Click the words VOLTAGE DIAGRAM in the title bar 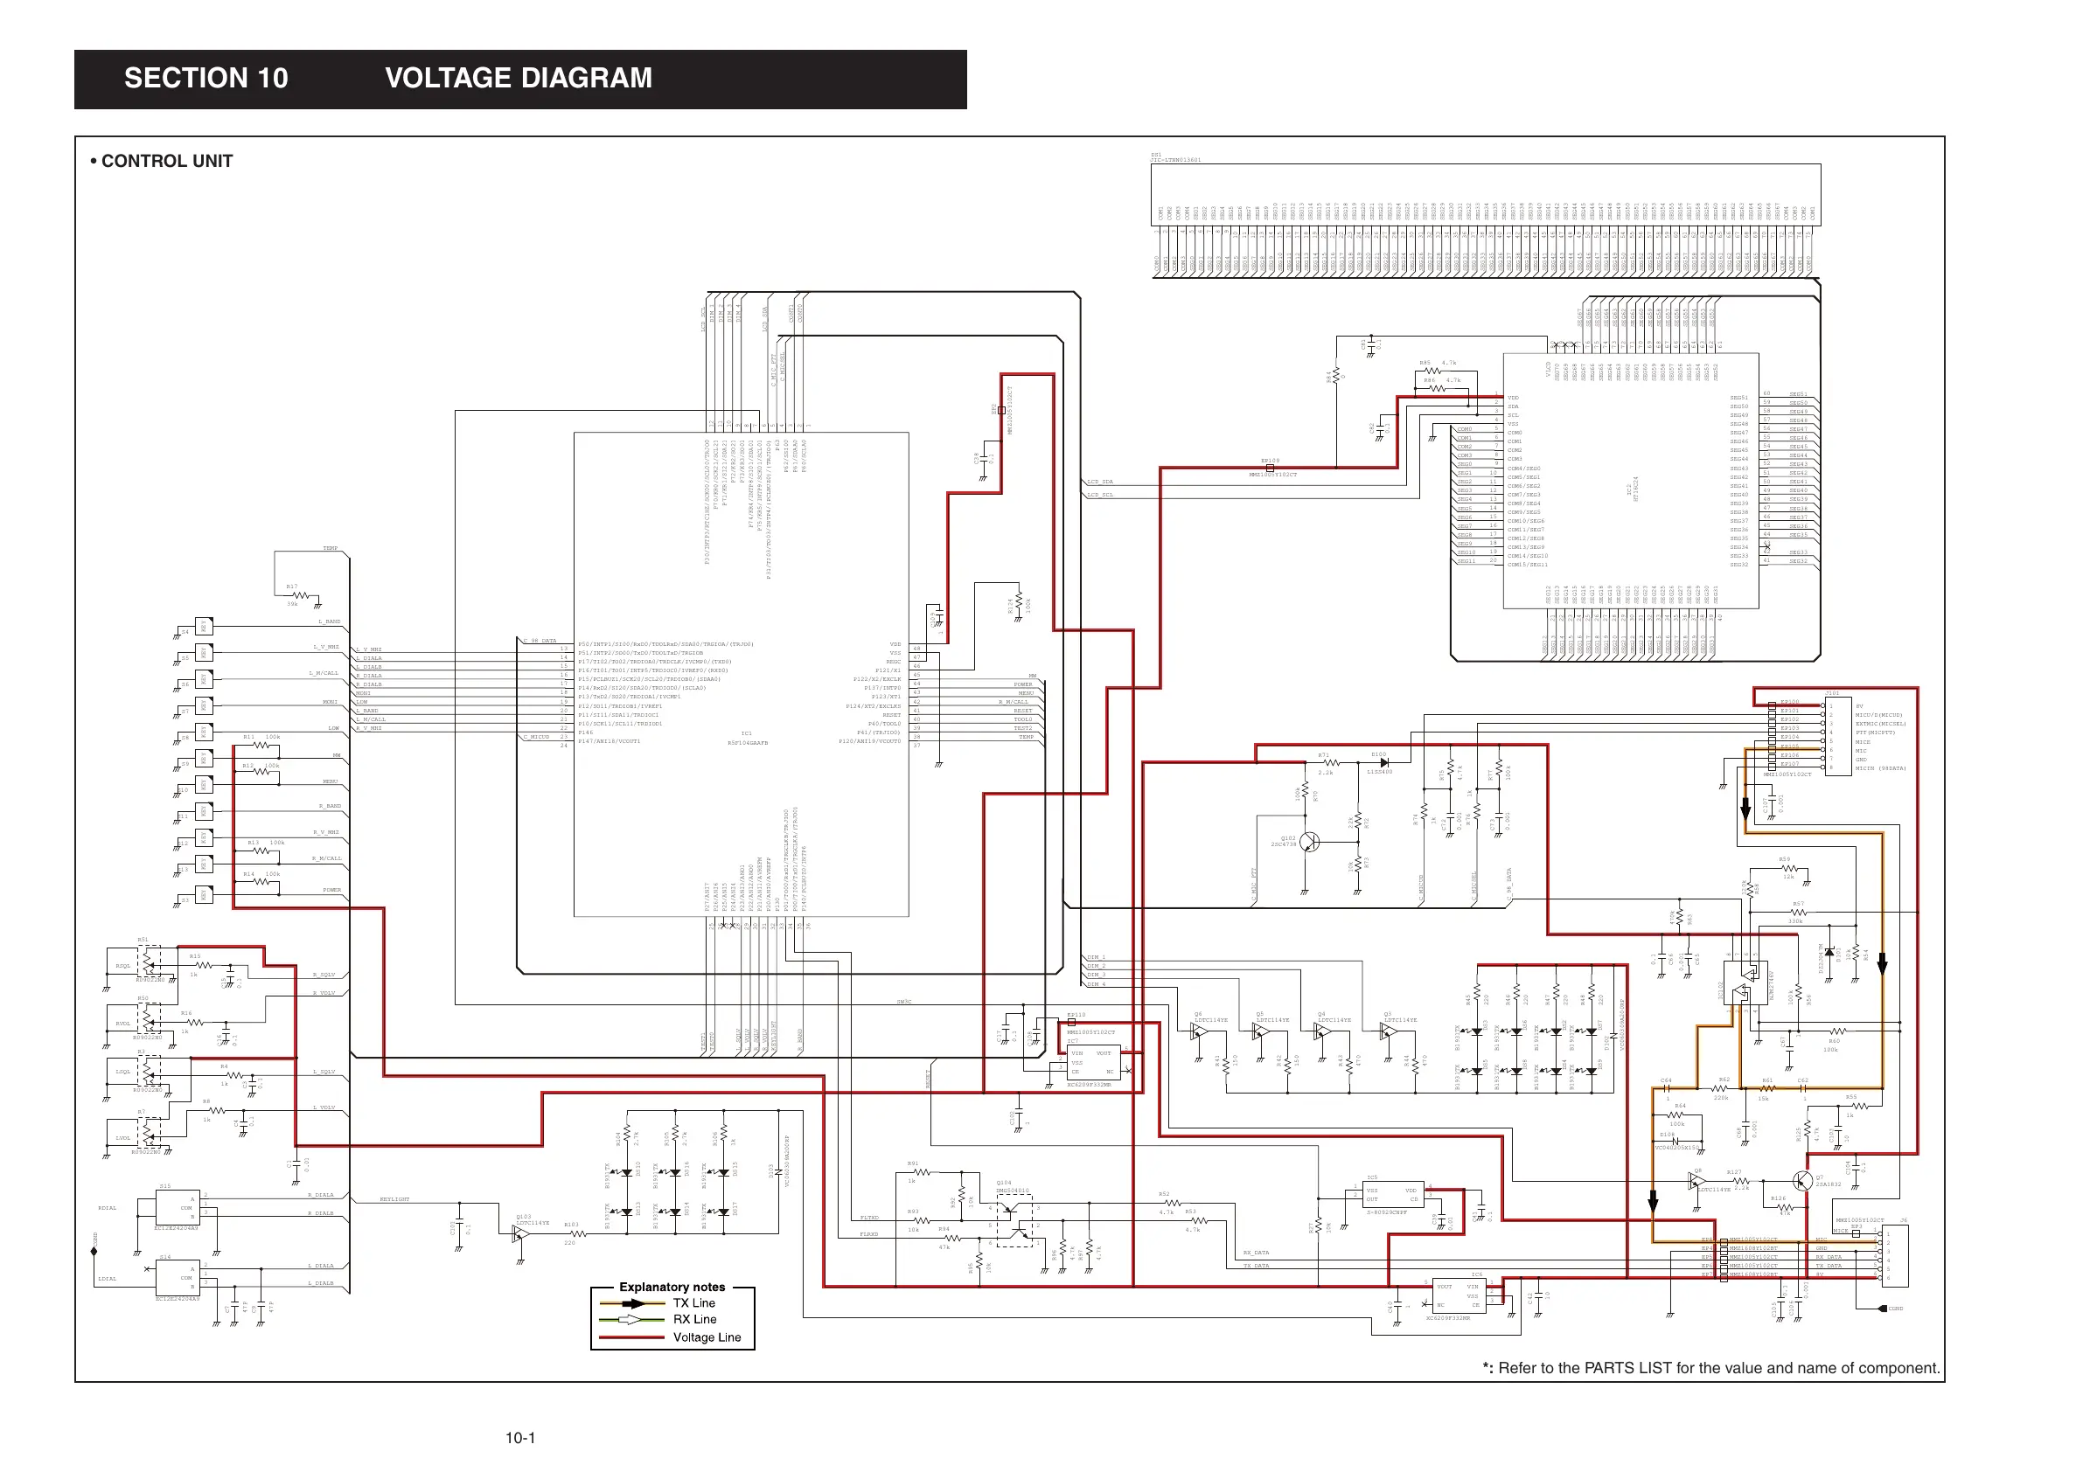tap(518, 78)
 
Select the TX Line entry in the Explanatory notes tap(693, 1303)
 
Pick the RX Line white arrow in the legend tap(632, 1320)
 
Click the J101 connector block tap(1838, 735)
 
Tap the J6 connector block tap(1895, 1256)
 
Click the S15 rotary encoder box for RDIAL tap(177, 1208)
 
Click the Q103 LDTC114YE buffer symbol tap(521, 1234)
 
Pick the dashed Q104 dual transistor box tap(1014, 1221)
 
